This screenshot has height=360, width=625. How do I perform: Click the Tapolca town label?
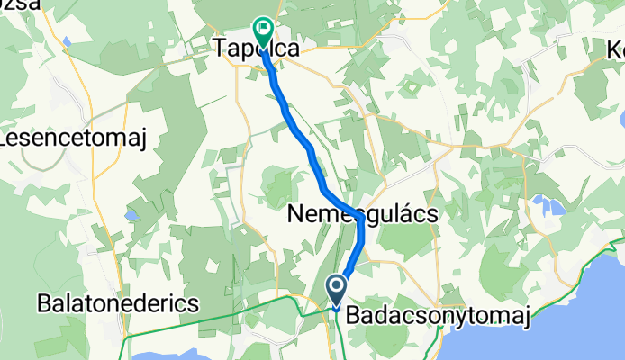click(x=256, y=50)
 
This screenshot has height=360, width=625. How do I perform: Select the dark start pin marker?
click(x=337, y=291)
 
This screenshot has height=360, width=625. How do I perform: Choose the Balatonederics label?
click(x=117, y=304)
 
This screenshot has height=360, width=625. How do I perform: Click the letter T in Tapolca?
click(x=220, y=50)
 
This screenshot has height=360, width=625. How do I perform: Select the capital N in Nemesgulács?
click(x=296, y=214)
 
